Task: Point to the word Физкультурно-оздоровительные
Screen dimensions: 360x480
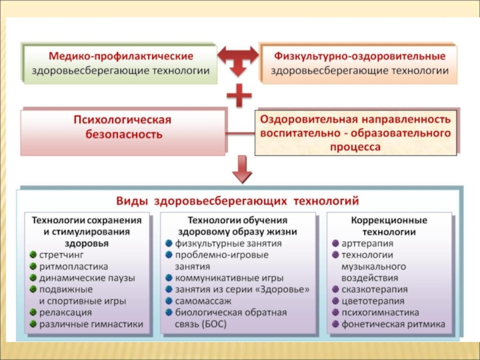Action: [x=359, y=56]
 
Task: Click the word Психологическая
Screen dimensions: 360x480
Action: [x=122, y=120]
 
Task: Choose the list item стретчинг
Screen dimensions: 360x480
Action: [x=62, y=255]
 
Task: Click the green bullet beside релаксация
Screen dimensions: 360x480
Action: [x=33, y=313]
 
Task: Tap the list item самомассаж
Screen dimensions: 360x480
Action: [x=202, y=301]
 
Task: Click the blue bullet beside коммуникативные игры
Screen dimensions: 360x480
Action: [x=169, y=278]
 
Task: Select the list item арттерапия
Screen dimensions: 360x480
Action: [x=367, y=244]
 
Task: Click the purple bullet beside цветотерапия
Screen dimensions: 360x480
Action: [x=335, y=301]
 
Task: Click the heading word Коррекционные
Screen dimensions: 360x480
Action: [x=389, y=220]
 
